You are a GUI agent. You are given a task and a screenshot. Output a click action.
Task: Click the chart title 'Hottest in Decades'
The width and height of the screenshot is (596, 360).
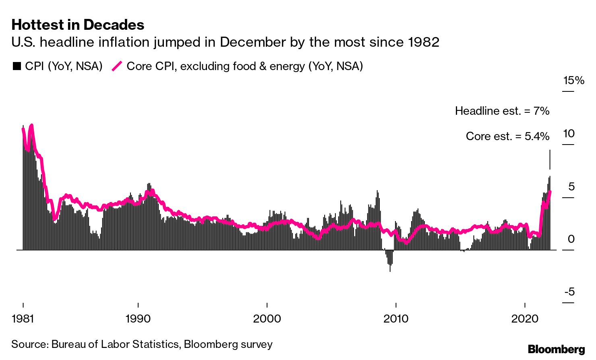pos(78,25)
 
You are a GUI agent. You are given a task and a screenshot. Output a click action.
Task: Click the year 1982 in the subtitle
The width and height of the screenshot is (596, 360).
pos(423,42)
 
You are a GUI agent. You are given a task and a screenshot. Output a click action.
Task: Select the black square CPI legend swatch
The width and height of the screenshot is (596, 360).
pos(17,66)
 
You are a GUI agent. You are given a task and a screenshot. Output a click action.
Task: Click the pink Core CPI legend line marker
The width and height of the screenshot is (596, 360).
pos(117,66)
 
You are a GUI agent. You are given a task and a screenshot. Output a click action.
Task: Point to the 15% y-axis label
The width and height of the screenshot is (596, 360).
pos(573,81)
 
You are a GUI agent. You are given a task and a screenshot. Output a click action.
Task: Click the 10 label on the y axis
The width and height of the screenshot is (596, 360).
pos(569,134)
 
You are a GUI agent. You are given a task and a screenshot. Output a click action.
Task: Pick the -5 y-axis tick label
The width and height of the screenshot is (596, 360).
pos(569,292)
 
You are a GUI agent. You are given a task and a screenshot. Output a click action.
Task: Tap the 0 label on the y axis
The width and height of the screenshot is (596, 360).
pos(571,239)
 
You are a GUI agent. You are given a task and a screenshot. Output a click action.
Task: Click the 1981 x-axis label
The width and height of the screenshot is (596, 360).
pos(23,319)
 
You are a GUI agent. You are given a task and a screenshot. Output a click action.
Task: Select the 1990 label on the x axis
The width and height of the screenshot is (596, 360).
pos(138,319)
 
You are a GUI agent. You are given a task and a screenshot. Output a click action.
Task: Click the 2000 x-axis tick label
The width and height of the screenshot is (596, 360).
pos(267,319)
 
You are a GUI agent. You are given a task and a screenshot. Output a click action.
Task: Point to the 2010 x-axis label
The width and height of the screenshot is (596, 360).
pos(396,319)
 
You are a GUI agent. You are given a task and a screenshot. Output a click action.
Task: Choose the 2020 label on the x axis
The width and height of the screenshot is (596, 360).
pos(525,319)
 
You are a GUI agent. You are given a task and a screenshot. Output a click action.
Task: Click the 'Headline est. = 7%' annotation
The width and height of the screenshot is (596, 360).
pos(502,111)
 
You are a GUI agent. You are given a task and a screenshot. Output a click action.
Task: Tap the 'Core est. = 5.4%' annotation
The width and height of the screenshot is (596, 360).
pos(507,137)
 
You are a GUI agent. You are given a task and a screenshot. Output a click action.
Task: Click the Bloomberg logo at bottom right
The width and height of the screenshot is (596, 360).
pos(556,349)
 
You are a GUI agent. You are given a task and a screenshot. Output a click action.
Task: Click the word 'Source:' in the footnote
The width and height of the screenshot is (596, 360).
pos(30,345)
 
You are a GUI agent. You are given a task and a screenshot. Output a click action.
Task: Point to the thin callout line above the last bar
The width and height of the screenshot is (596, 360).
pos(550,159)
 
